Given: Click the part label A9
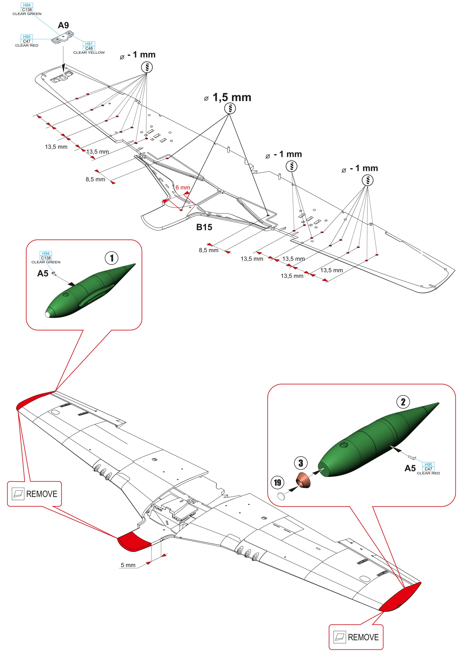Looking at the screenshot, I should [x=63, y=26].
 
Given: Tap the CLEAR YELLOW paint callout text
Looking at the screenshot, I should [x=89, y=53].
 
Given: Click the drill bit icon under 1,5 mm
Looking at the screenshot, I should [x=230, y=108].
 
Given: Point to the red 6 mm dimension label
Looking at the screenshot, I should [x=183, y=188].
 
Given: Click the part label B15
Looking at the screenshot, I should [x=204, y=227].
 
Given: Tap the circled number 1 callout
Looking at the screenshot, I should [x=112, y=258].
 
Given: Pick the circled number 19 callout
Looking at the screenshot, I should [x=277, y=483].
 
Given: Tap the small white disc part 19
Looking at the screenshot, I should [x=281, y=496].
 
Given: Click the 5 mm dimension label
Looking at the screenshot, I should [x=128, y=565].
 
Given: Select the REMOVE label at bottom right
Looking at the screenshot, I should [x=363, y=637].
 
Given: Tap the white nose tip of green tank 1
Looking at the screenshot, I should [x=47, y=314].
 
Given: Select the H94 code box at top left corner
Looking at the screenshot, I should [x=27, y=5].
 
